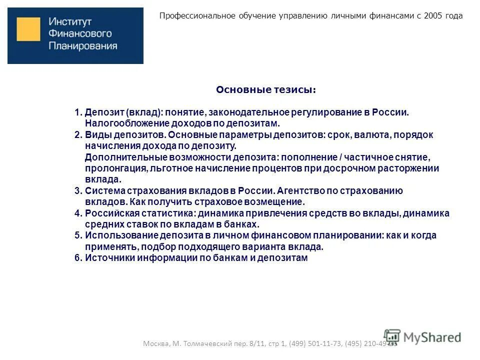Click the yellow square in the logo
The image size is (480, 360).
28,29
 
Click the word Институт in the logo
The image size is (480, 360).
70,22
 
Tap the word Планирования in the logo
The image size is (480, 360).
83,46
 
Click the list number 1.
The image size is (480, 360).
77,111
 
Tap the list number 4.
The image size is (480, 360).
77,213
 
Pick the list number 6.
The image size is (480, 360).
77,258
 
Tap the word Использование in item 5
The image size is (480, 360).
121,235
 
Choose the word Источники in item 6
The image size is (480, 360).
106,258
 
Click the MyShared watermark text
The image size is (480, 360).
432,337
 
